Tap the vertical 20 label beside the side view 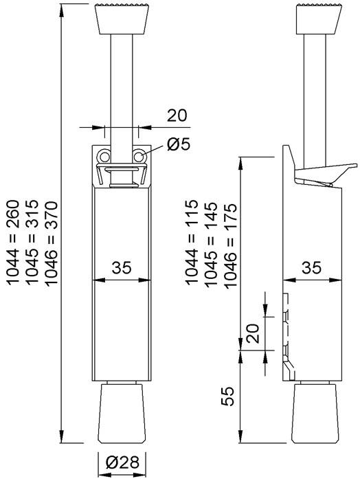pyautogui.click(x=252, y=335)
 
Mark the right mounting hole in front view pyautogui.click(x=140, y=157)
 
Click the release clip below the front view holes pyautogui.click(x=122, y=176)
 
